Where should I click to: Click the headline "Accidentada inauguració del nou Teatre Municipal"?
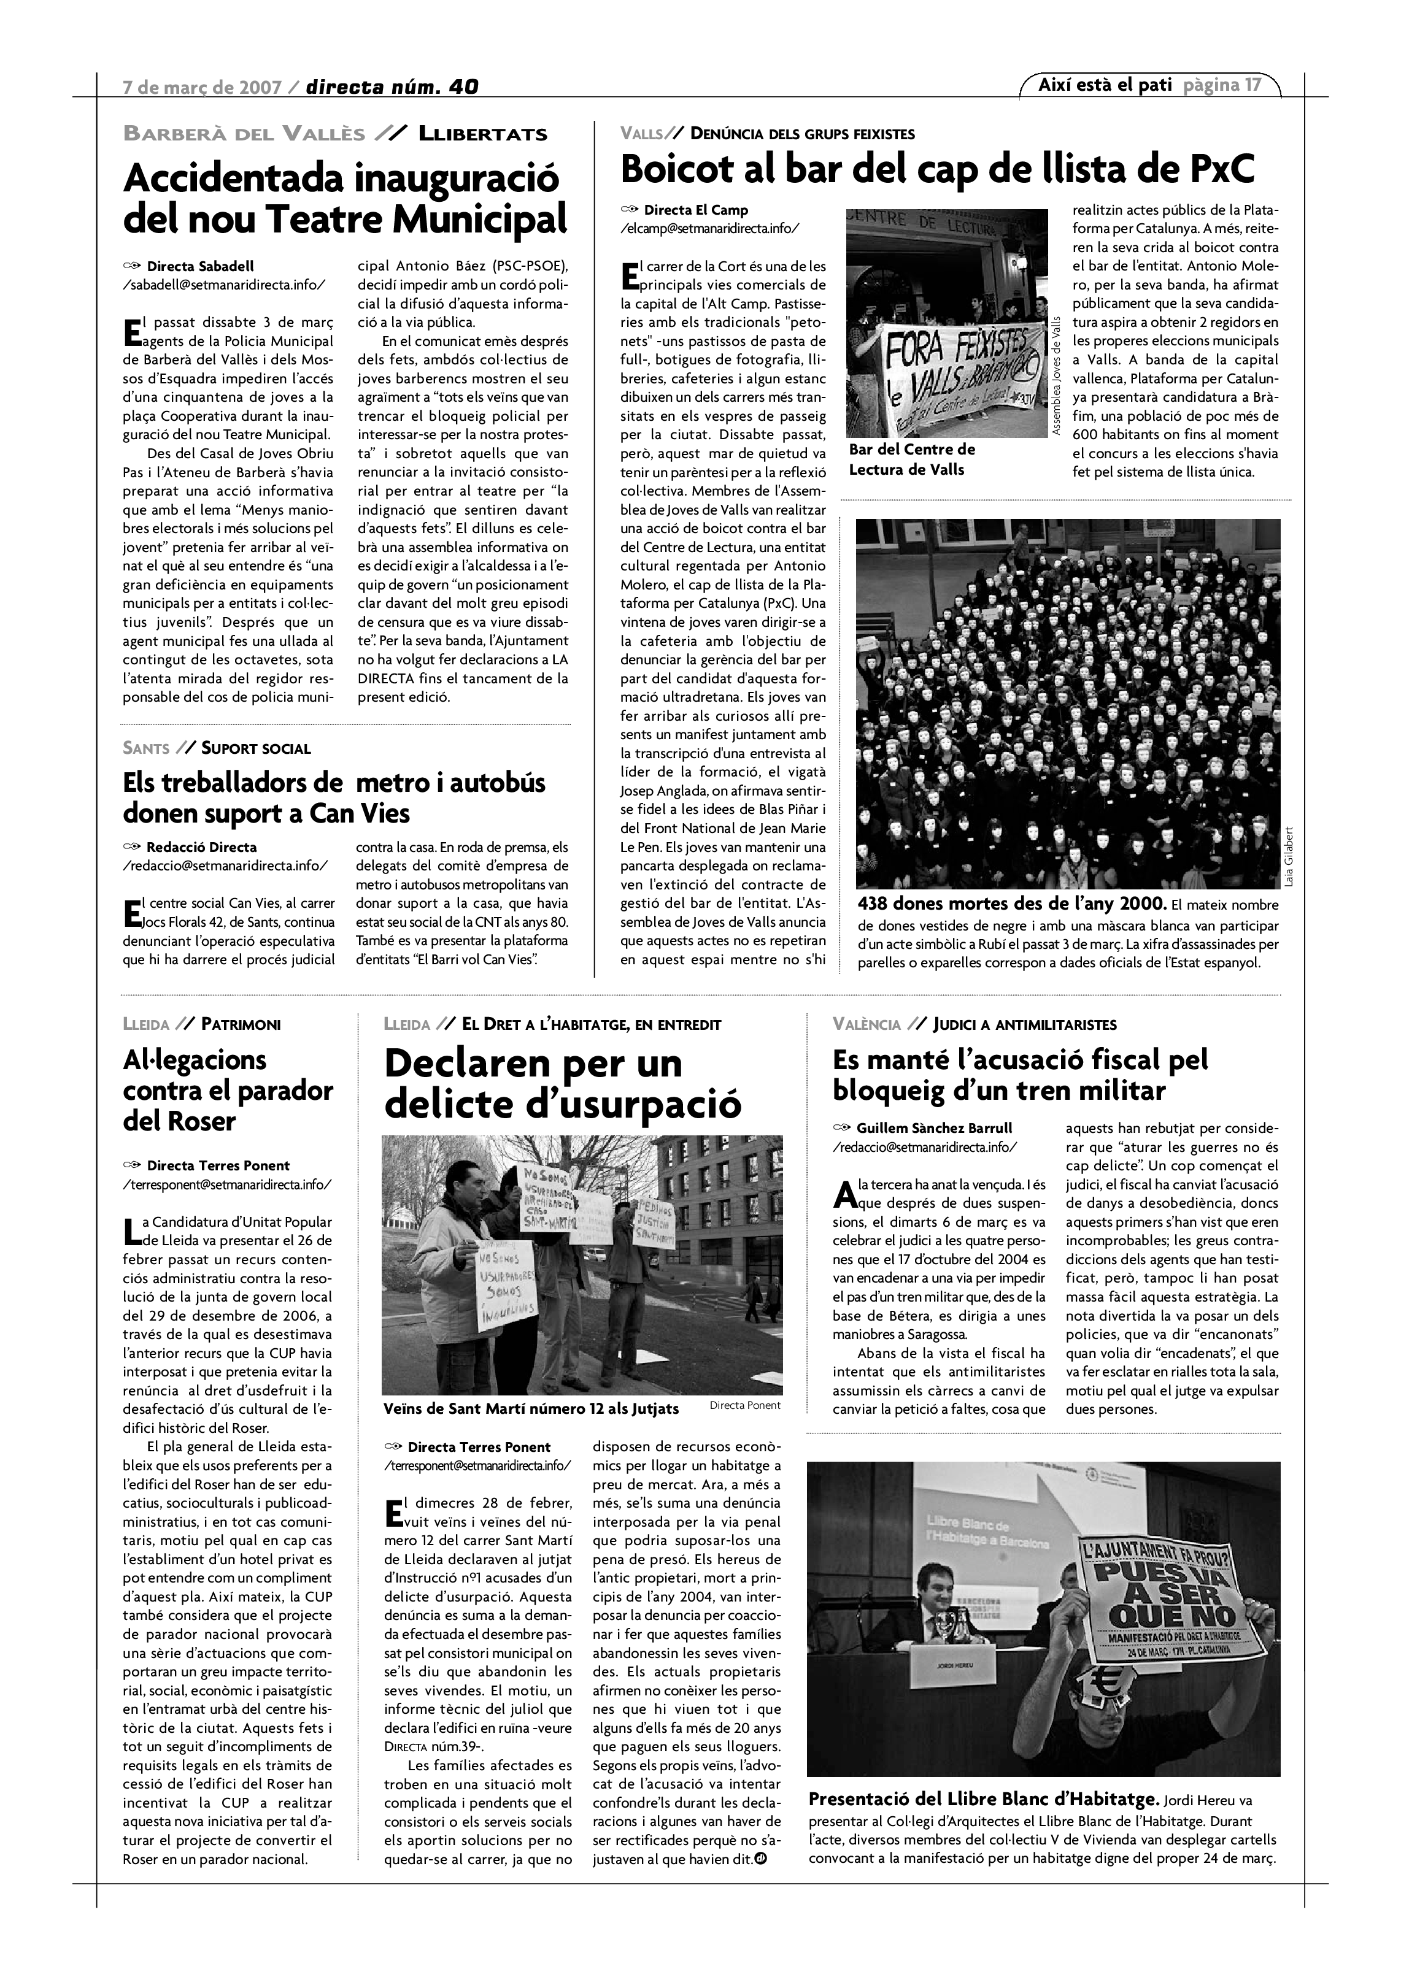(x=345, y=198)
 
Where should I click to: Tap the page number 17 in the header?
(x=1252, y=85)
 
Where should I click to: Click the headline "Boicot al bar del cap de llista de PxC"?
(x=937, y=169)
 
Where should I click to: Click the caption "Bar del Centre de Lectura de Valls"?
(x=912, y=459)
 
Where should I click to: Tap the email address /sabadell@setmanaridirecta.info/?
(x=225, y=284)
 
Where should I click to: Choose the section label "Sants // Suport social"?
(x=217, y=748)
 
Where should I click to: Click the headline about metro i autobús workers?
(x=334, y=797)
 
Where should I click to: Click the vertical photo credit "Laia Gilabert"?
(x=1289, y=857)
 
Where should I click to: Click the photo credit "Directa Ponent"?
(x=744, y=1405)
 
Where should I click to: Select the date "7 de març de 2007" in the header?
(x=203, y=86)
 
